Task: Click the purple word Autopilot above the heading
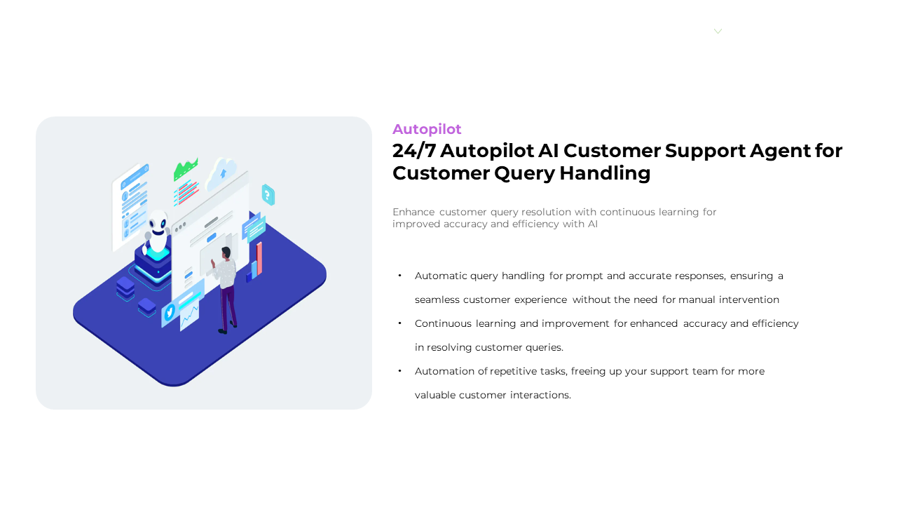[427, 130]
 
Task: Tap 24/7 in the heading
[414, 151]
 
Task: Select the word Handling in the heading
[605, 174]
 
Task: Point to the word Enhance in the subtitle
[413, 212]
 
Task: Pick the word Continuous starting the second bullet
[443, 323]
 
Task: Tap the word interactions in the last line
[540, 395]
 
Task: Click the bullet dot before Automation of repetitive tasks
[399, 371]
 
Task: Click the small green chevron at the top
[718, 32]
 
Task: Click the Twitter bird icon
[170, 311]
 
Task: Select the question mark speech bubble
[268, 195]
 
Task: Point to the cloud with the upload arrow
[221, 173]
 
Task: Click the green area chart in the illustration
[186, 169]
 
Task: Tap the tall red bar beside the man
[259, 259]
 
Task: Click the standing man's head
[226, 252]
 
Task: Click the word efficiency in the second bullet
[775, 324]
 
